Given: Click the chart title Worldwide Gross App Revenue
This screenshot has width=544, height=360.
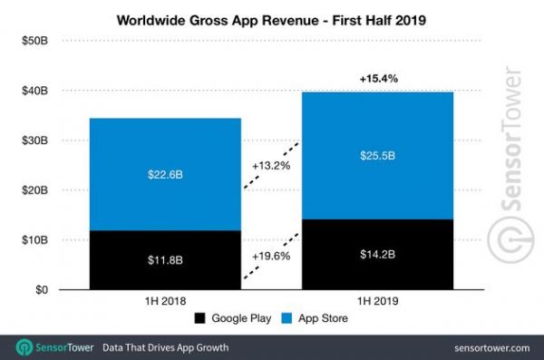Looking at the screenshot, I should click(x=272, y=17).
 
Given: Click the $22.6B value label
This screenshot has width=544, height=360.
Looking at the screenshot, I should click(x=165, y=175).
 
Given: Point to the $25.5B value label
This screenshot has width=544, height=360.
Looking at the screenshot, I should click(x=377, y=156).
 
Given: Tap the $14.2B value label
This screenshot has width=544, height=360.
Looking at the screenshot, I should click(x=377, y=256).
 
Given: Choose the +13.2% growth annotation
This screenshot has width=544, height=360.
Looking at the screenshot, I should click(x=271, y=167).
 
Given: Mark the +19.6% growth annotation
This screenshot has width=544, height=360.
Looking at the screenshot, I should click(x=271, y=256).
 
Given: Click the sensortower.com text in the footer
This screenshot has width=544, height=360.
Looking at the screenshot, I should click(x=486, y=347).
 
